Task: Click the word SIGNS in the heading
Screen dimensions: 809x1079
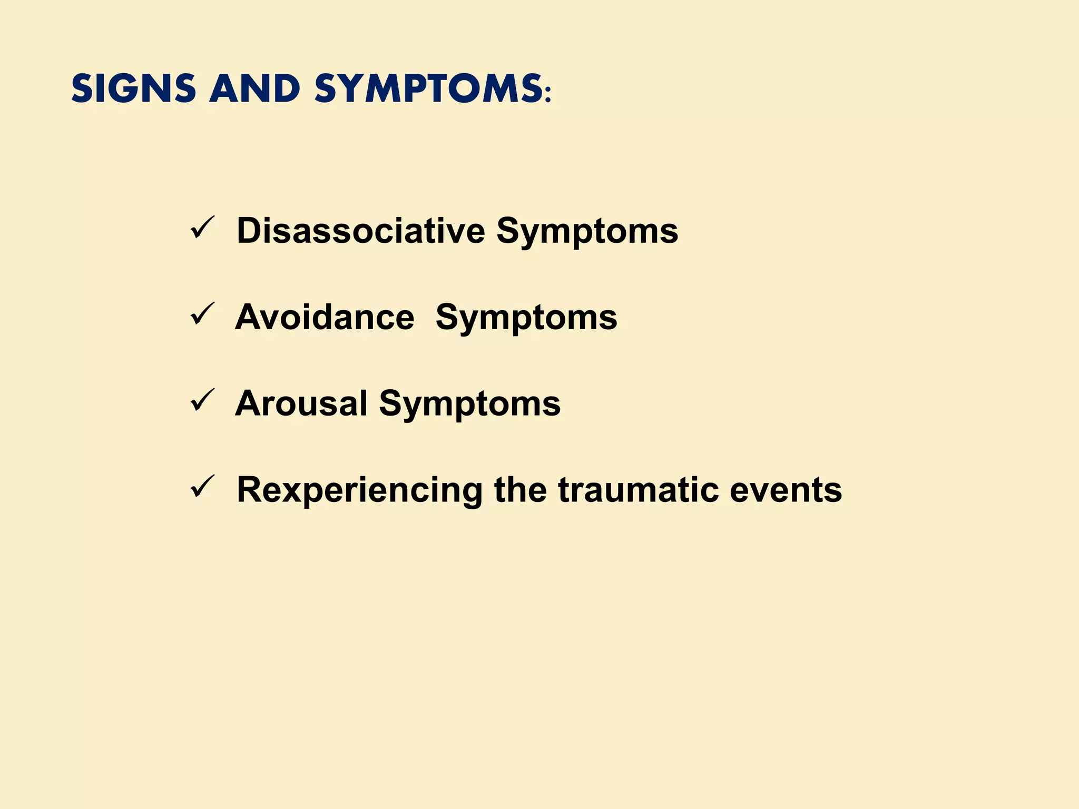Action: [x=133, y=88]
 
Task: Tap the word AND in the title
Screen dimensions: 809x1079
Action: [x=255, y=88]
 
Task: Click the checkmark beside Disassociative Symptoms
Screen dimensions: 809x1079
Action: [x=202, y=228]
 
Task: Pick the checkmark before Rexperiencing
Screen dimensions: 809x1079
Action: [x=202, y=487]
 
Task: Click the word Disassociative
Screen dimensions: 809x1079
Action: [x=360, y=231]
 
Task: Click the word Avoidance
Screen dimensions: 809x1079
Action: [x=325, y=317]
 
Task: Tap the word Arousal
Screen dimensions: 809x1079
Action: [x=301, y=403]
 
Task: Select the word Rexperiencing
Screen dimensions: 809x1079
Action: [x=359, y=490]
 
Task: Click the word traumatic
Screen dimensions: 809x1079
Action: [x=638, y=490]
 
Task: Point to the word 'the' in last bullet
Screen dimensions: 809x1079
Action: [x=520, y=490]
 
